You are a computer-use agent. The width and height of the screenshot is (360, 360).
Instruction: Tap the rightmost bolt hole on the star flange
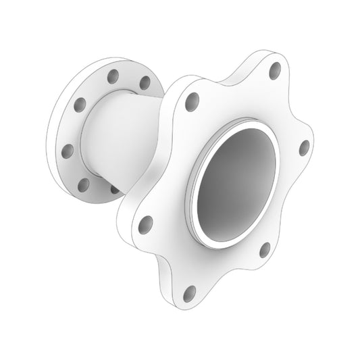click(x=304, y=148)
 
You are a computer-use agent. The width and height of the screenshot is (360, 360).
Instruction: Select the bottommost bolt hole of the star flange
click(x=190, y=294)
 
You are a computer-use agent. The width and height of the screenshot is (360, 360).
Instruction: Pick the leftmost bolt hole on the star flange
click(x=144, y=223)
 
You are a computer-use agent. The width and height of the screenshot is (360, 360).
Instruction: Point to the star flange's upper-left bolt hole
click(x=192, y=102)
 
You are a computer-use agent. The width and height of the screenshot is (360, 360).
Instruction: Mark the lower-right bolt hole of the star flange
click(x=264, y=251)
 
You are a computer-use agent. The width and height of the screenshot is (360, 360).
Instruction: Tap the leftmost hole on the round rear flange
click(x=68, y=150)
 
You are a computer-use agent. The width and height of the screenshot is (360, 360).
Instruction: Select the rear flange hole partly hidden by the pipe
click(x=115, y=190)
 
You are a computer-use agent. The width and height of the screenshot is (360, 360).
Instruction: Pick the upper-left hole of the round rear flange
click(x=80, y=104)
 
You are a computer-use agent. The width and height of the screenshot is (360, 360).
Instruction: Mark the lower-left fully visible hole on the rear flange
click(x=84, y=184)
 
